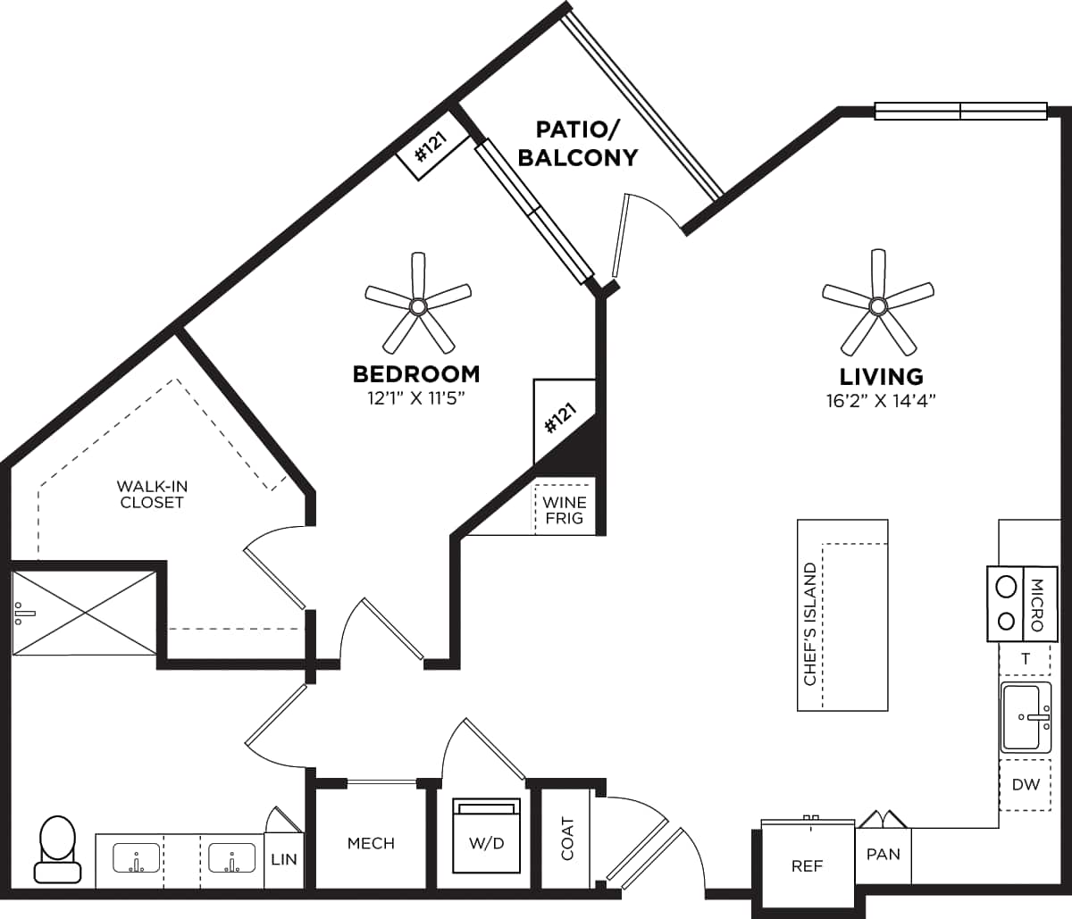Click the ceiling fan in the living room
877,306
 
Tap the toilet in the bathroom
58,849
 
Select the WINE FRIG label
565,510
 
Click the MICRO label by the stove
1037,605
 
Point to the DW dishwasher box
1026,785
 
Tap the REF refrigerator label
807,865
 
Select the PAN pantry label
883,854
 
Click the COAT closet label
567,839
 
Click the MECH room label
371,843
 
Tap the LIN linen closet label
283,859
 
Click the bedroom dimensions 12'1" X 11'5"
416,397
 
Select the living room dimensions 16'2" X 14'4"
880,401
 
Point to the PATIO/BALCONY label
578,143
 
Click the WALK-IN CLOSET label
152,494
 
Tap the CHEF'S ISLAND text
810,623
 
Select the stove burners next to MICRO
1006,604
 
